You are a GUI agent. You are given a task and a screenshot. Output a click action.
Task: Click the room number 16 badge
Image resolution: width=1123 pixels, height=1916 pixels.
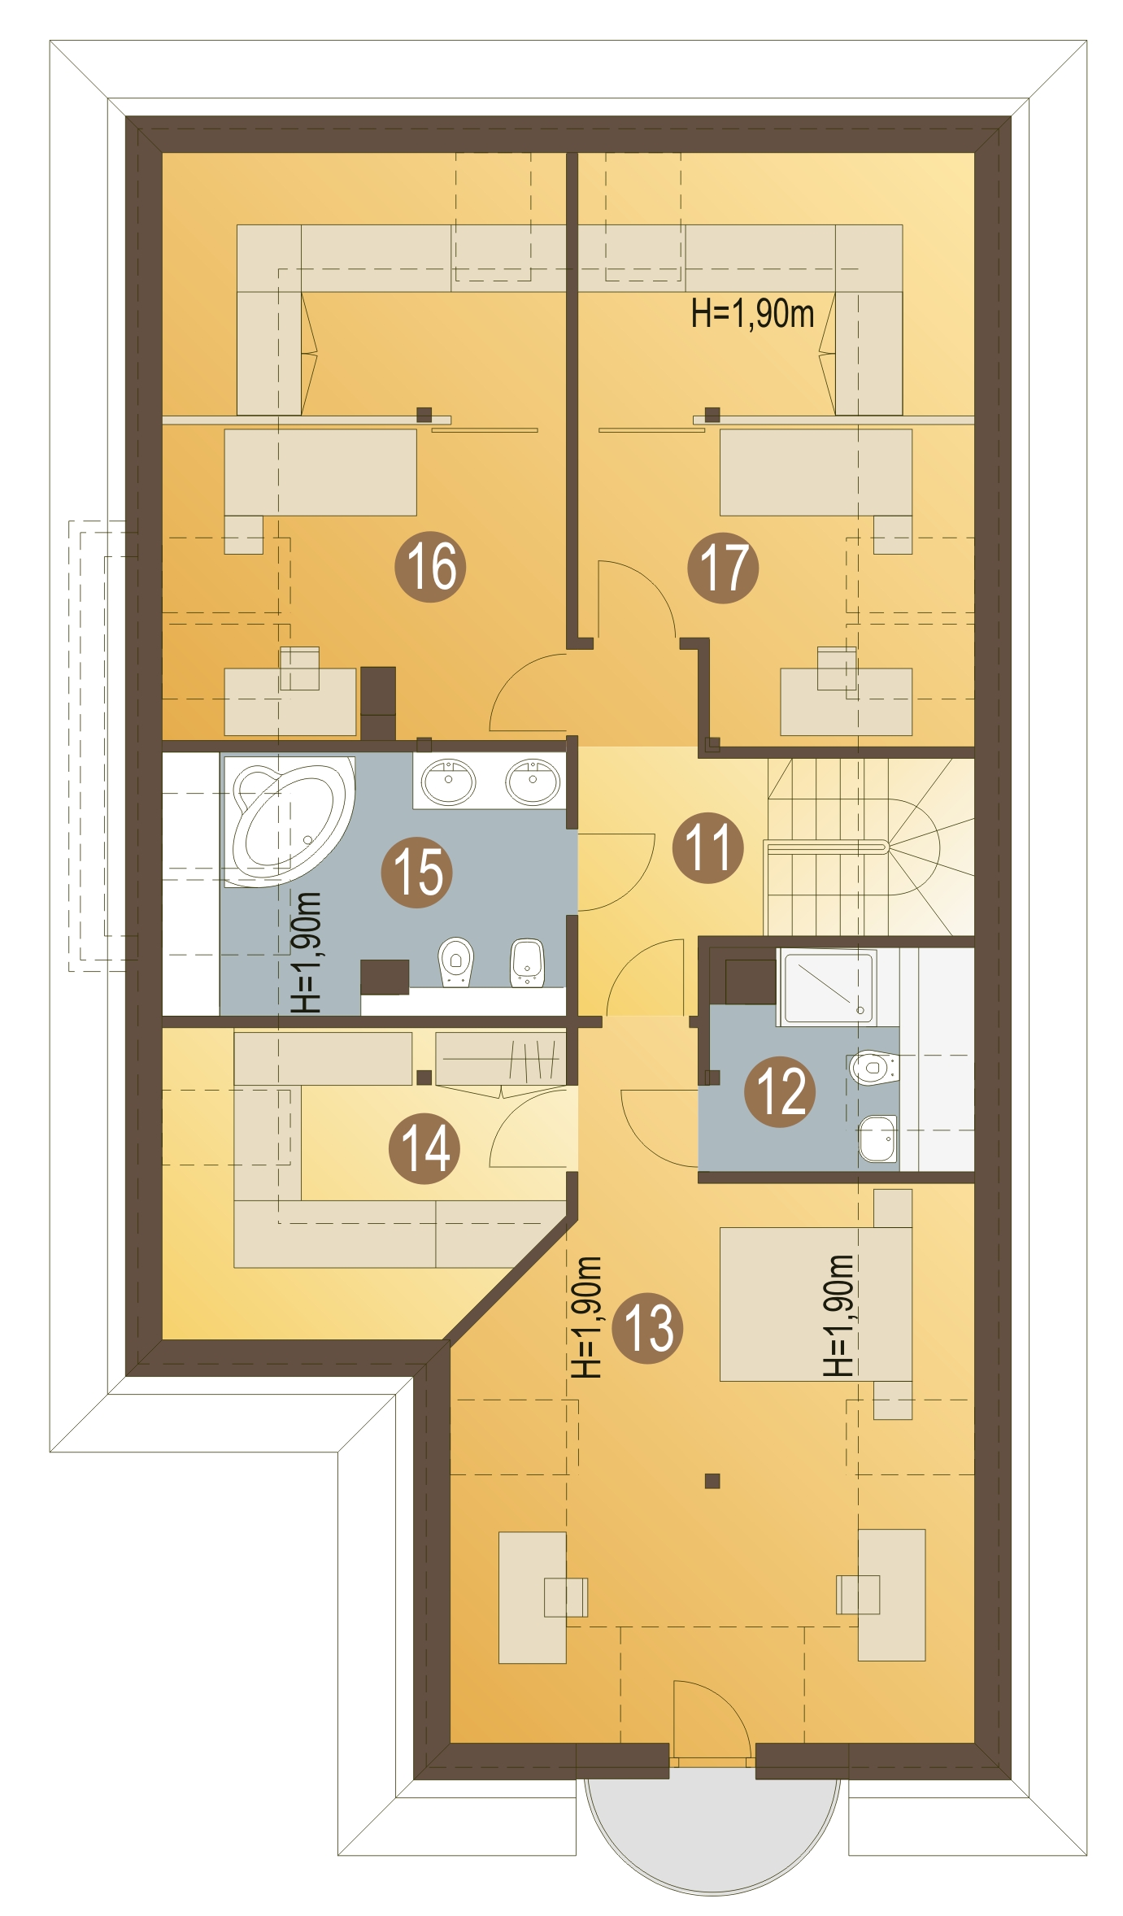pos(430,566)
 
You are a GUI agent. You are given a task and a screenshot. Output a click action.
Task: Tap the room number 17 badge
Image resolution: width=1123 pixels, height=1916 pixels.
pos(723,568)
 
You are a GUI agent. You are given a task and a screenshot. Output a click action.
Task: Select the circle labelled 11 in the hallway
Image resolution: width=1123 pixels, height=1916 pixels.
pos(708,847)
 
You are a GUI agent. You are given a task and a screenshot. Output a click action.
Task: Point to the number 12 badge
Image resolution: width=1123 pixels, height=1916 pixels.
pos(781,1091)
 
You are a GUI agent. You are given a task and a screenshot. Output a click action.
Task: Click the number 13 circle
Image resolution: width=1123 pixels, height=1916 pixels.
pos(647,1328)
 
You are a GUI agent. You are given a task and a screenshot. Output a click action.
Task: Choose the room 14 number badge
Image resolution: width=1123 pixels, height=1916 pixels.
pos(424,1147)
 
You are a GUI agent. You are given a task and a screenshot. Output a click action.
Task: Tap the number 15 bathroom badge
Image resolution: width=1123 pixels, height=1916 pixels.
pos(417,872)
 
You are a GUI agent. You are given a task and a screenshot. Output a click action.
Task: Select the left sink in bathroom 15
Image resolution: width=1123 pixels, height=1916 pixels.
pos(449,781)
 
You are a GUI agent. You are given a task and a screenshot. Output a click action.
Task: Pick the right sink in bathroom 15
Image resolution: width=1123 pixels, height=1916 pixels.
pos(533,781)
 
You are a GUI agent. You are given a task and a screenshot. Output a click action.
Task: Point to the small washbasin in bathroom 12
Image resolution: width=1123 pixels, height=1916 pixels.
pos(878,1139)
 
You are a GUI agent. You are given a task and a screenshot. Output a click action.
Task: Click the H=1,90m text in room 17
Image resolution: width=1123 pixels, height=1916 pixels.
pos(752,314)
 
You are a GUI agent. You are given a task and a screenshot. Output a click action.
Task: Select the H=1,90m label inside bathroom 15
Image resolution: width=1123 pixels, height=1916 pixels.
pos(307,952)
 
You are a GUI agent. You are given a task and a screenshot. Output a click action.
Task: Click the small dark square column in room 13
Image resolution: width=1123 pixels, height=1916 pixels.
pos(712,1481)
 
